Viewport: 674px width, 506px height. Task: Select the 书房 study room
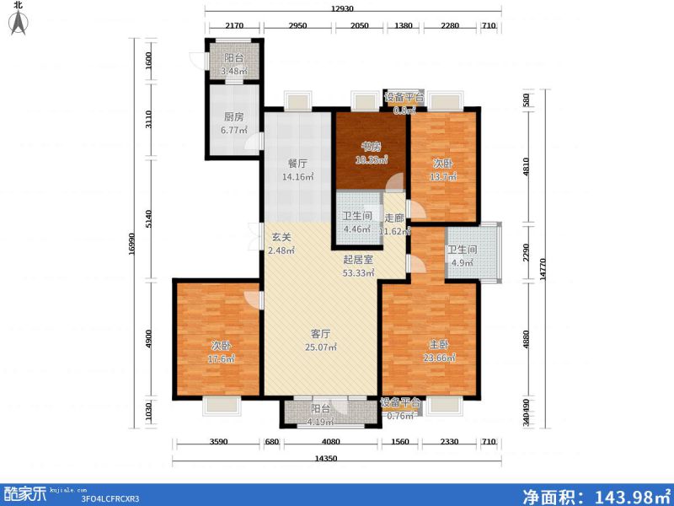pyautogui.click(x=372, y=151)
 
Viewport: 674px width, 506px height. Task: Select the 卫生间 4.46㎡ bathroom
pyautogui.click(x=356, y=220)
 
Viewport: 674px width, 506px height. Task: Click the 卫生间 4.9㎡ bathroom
pyautogui.click(x=462, y=256)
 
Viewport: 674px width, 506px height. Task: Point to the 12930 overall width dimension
pyautogui.click(x=341, y=8)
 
